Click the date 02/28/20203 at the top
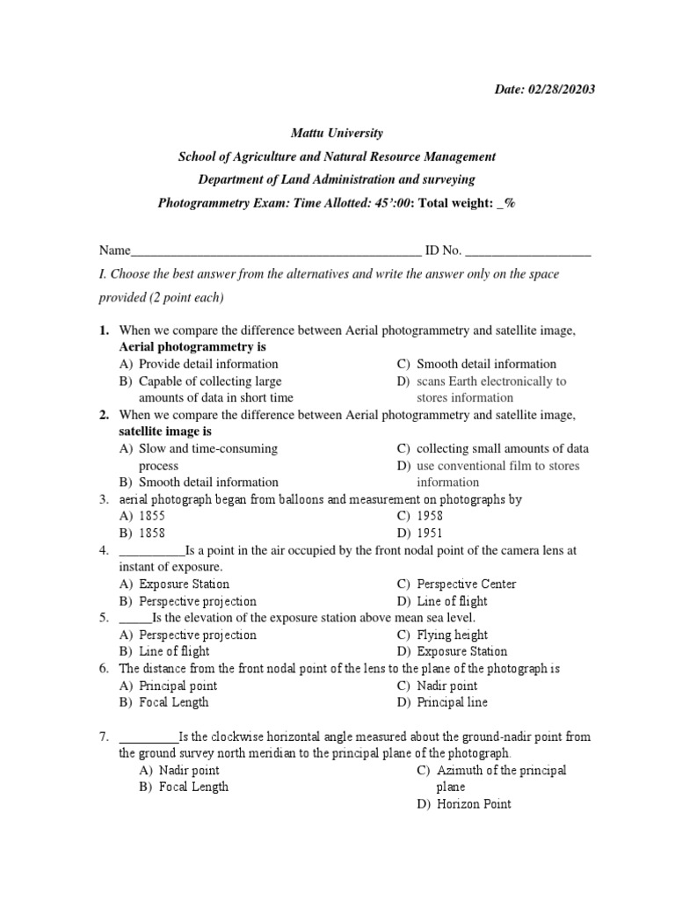[x=571, y=91]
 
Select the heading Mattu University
[x=337, y=133]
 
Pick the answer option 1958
[x=430, y=516]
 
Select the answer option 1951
[x=430, y=533]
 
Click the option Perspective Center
[x=466, y=584]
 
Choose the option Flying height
[x=452, y=635]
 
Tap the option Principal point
[x=178, y=686]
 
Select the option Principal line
[x=452, y=702]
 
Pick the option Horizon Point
[x=474, y=803]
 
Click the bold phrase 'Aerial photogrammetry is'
[x=192, y=347]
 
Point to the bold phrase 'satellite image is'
[x=165, y=432]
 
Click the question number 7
[x=103, y=737]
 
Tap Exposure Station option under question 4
[x=184, y=584]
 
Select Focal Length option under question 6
[x=174, y=702]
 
